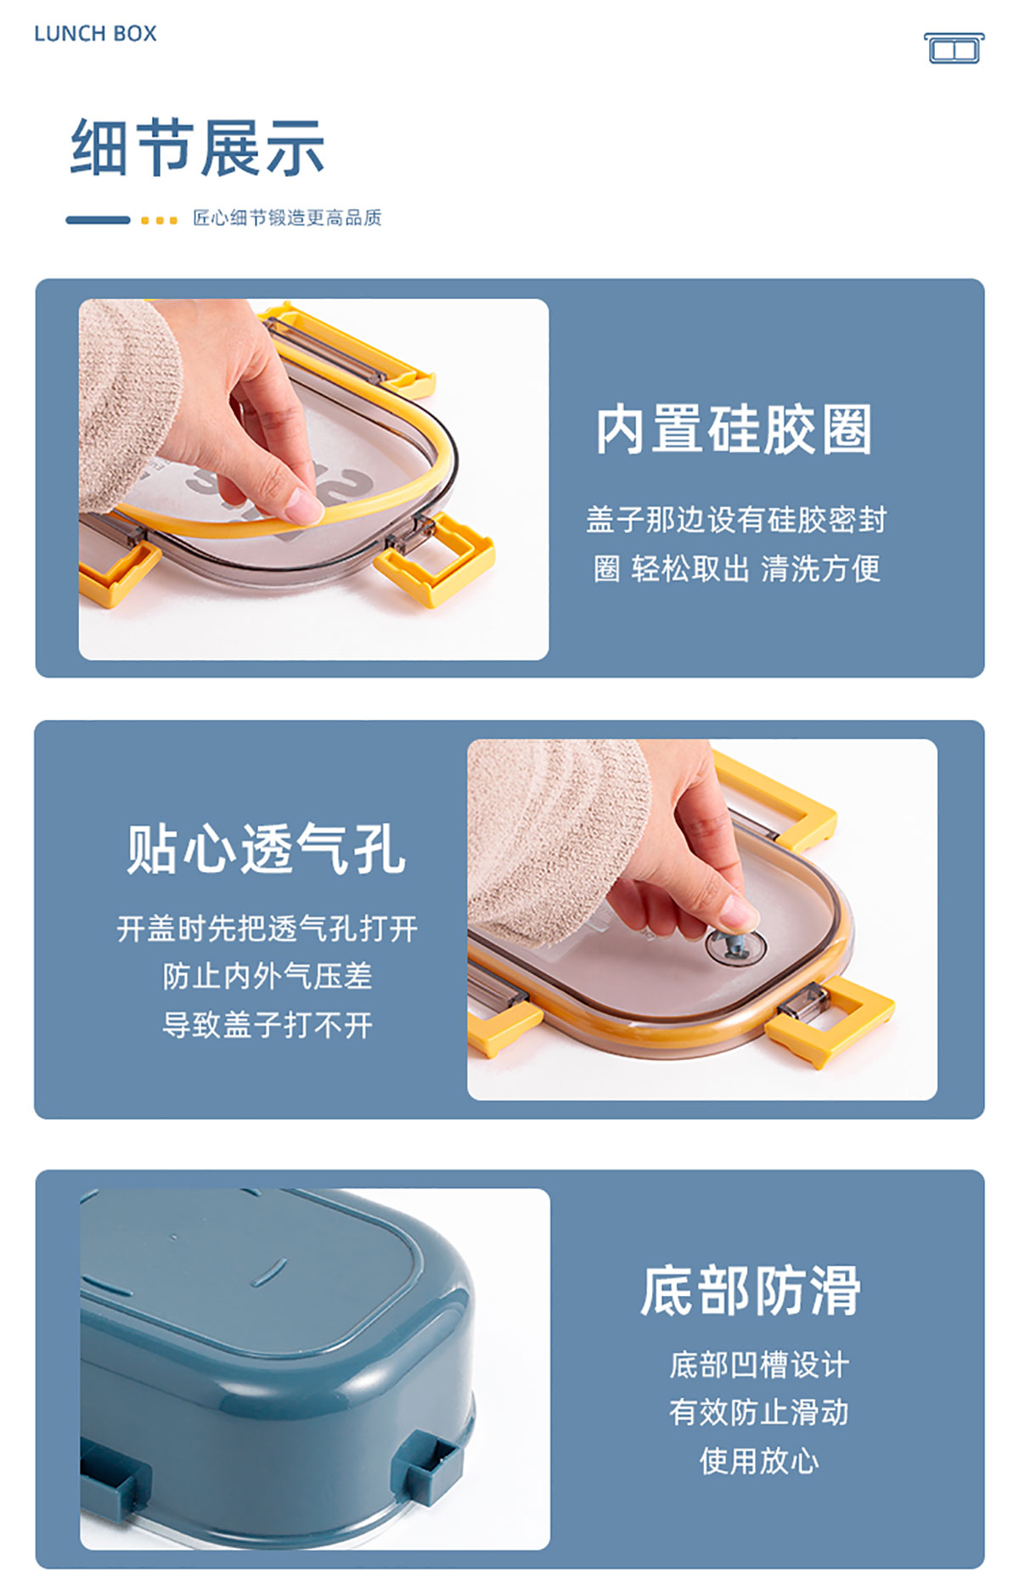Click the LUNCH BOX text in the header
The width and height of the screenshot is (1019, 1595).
point(95,34)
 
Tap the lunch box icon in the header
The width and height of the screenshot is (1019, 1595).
point(954,48)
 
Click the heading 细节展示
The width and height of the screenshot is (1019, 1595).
point(197,148)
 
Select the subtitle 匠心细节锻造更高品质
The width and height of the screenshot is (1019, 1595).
point(287,218)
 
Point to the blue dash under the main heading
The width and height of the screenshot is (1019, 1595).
point(98,220)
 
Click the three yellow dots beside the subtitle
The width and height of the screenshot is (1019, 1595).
point(159,220)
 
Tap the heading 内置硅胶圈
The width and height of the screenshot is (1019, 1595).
point(734,429)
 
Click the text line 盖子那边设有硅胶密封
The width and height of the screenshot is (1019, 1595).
point(736,519)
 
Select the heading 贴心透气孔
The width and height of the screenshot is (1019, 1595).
point(266,848)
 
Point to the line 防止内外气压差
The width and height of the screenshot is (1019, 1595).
point(267,976)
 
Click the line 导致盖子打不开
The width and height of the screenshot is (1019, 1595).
point(267,1024)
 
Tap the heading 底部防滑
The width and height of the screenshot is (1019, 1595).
point(751,1290)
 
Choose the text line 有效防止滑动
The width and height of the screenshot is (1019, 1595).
point(758,1412)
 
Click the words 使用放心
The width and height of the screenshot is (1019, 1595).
point(758,1461)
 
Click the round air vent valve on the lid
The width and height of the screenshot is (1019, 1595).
point(735,945)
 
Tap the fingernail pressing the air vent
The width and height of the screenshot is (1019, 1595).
point(741,916)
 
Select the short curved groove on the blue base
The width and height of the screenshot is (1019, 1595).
point(270,1271)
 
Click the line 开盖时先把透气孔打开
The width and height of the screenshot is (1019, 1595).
point(267,928)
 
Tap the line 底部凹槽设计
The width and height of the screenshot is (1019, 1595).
point(758,1364)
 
